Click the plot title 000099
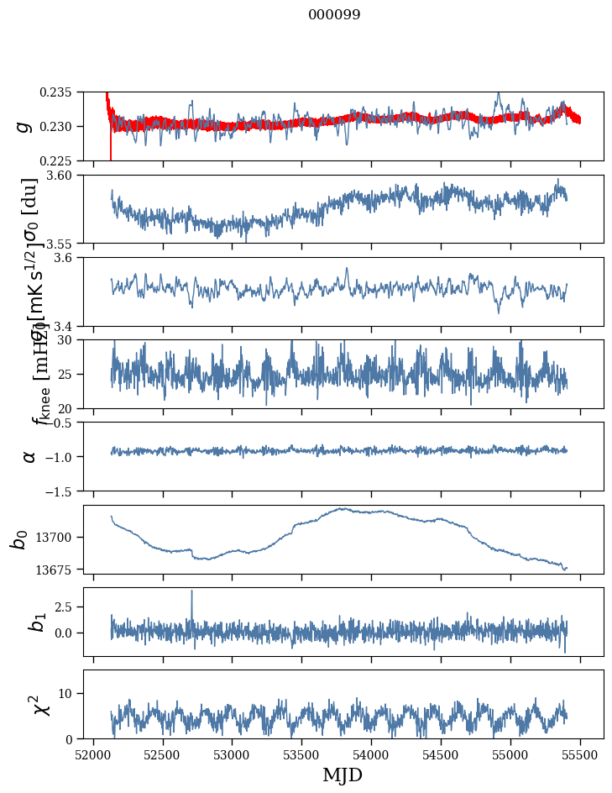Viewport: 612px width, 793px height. point(334,15)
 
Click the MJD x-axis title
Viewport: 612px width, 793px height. point(343,775)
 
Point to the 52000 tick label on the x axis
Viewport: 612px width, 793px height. point(93,755)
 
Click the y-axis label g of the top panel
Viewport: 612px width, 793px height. point(24,126)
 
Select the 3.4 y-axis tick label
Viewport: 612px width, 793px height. point(70,325)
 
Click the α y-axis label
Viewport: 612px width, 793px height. point(29,455)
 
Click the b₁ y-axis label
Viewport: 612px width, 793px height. point(35,622)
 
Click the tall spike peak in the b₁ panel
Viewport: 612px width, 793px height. point(191,591)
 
